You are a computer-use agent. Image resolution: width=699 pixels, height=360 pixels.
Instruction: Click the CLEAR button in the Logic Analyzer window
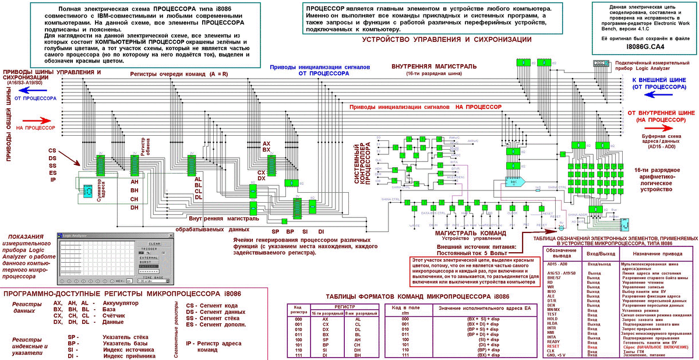(x=154, y=243)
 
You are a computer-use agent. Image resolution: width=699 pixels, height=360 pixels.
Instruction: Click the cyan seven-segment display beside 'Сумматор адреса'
(x=86, y=190)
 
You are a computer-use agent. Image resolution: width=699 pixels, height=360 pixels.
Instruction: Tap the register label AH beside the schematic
(x=135, y=181)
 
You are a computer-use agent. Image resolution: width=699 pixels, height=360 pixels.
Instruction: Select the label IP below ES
(x=52, y=179)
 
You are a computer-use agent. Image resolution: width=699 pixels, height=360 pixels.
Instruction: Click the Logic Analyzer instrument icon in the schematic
(x=600, y=63)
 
